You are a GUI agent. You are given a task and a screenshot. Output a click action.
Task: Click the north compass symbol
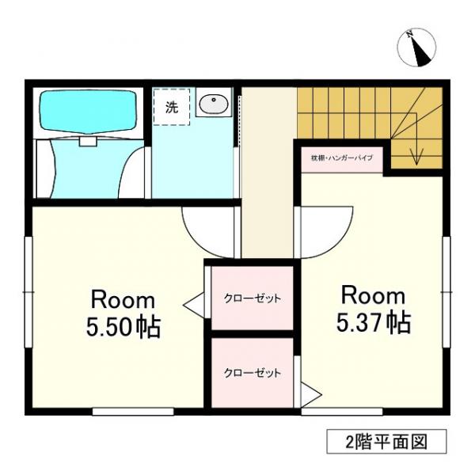417,47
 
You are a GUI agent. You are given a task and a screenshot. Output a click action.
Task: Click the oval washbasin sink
213,104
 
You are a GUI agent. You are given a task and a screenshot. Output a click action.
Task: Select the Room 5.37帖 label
373,309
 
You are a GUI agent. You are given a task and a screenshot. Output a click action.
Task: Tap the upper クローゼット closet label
251,298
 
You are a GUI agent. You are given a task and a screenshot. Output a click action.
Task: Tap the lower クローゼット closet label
251,373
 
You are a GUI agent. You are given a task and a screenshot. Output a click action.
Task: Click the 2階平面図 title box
386,441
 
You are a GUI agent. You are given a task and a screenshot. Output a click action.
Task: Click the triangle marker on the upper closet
193,302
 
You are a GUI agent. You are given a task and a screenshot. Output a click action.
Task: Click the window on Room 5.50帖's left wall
29,293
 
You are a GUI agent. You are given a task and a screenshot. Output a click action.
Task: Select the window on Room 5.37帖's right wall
446,293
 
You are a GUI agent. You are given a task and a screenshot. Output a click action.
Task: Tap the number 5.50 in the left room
110,328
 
